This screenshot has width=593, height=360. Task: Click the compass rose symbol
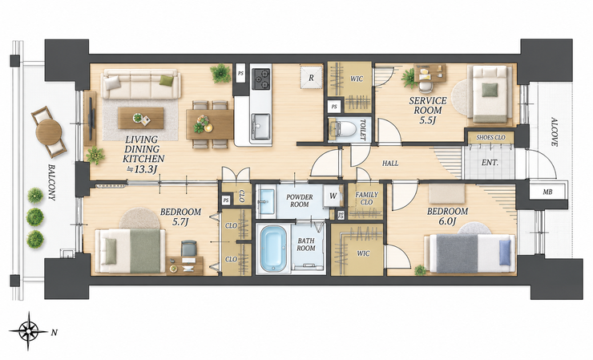click(29, 331)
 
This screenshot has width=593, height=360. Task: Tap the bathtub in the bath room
click(273, 249)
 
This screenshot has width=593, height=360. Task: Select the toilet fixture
click(345, 129)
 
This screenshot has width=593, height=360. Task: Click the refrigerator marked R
click(311, 77)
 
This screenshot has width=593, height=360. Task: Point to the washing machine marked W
click(333, 196)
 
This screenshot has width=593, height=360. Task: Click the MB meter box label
click(547, 192)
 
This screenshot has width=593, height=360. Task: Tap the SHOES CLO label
click(490, 137)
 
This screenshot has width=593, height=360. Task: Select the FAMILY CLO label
click(366, 198)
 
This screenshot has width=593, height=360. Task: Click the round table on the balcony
click(49, 131)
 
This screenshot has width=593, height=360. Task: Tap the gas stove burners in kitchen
click(261, 79)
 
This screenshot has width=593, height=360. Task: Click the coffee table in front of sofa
click(141, 118)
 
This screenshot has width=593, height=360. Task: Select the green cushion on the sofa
click(166, 80)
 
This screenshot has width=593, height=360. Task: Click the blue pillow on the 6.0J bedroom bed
click(505, 253)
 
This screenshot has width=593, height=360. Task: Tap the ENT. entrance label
click(490, 163)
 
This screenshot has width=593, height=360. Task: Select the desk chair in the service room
click(426, 87)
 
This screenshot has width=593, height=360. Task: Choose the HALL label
click(390, 164)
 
